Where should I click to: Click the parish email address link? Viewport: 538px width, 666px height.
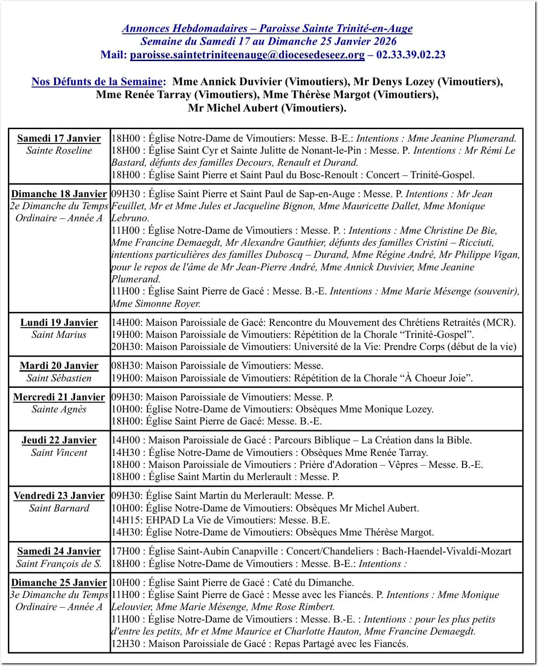[247, 55]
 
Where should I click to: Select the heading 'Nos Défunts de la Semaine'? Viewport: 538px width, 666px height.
[97, 82]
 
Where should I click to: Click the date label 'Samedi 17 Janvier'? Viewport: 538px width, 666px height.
[59, 138]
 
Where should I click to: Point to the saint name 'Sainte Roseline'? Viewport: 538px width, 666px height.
[59, 151]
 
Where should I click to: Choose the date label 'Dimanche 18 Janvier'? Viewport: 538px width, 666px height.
[59, 194]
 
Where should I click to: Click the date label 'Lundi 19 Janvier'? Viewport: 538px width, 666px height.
[59, 323]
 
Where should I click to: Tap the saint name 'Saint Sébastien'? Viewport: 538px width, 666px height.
[59, 378]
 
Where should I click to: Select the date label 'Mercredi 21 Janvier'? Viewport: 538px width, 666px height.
[59, 397]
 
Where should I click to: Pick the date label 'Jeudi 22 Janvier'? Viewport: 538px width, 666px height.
[59, 440]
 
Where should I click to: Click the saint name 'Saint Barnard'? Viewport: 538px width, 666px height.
[59, 508]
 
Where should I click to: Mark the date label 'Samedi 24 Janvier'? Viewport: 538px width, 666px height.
[59, 551]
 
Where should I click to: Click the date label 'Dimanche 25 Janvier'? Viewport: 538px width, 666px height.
[59, 583]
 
